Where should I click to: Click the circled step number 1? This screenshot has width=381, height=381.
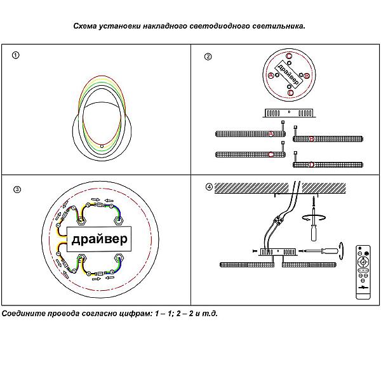17,55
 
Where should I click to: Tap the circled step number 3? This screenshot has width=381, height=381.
17,189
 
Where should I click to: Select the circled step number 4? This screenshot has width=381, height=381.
209,187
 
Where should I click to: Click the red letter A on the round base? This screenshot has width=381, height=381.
272,76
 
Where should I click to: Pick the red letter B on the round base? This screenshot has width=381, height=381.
307,76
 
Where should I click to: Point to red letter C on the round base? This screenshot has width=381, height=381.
289,57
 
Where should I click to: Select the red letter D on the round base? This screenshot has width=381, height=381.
290,93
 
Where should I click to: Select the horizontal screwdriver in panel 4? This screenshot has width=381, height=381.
321,253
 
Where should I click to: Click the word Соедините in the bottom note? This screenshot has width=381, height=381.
23,314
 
